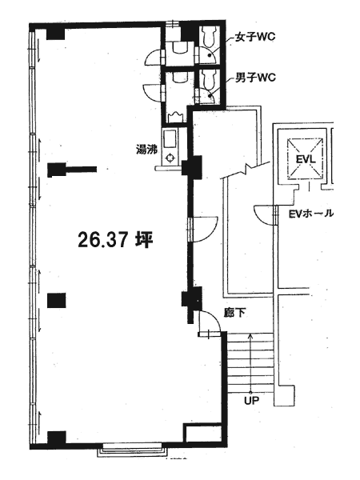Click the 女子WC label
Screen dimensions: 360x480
255,37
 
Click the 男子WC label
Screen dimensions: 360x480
255,78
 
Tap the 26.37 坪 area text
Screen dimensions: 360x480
115,240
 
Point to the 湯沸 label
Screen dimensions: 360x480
146,150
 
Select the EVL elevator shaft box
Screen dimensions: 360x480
305,158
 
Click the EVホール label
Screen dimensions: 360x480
311,214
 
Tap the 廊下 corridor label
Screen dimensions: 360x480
234,313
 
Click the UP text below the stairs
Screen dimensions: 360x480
251,400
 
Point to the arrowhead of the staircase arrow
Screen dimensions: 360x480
250,335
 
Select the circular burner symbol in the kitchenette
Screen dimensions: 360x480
170,158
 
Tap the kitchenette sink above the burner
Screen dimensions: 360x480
170,139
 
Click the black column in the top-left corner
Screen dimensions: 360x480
55,34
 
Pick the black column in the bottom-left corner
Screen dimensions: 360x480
57,438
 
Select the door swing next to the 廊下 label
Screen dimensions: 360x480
210,321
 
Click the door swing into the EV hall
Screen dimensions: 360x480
265,215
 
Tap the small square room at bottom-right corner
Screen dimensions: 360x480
202,433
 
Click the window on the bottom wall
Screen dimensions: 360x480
132,450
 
